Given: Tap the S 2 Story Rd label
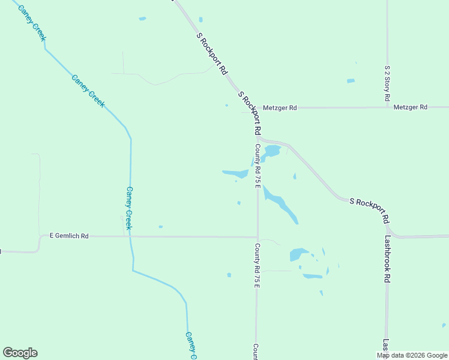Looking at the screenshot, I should point(388,82).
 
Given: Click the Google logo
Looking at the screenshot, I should point(20,353).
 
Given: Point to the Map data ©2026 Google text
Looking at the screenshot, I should point(412,355).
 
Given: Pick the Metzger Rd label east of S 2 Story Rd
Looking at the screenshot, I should point(411,107).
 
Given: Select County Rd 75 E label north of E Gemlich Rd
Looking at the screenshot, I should point(257,166).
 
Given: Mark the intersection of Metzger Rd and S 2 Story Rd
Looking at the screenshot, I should point(387,107).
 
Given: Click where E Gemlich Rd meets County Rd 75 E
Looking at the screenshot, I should point(258,236).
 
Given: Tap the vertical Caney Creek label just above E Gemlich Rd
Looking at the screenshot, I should point(129,208).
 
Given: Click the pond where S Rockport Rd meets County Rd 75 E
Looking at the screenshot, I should point(271,151).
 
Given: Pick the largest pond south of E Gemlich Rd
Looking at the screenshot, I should point(298,254).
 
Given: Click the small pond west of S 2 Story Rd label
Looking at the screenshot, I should point(351,81).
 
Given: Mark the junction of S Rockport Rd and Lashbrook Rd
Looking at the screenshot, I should point(388,229).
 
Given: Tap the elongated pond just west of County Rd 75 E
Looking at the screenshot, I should point(236,174).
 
